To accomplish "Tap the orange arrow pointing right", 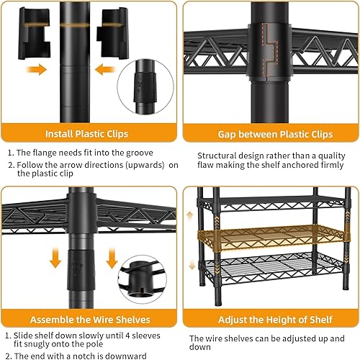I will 35,70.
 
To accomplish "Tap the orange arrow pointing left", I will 105,70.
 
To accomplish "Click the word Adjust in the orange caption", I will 215,318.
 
